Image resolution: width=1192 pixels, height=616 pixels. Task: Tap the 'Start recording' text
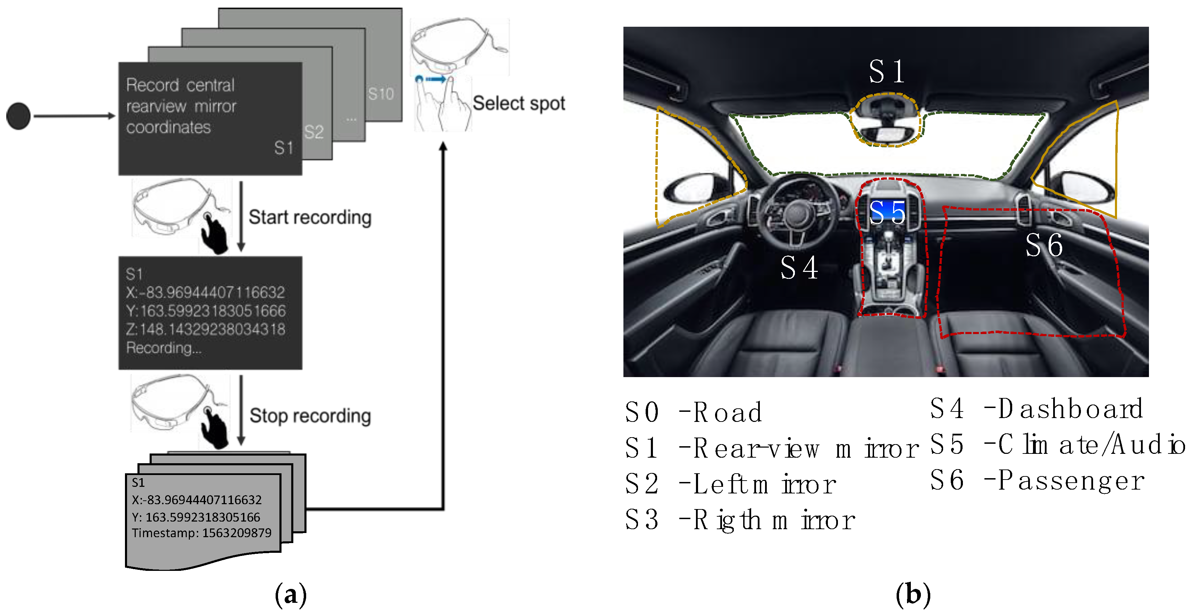[x=310, y=217]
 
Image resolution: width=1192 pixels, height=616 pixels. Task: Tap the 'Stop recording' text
[x=310, y=416]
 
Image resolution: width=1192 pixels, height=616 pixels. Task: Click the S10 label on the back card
[x=380, y=94]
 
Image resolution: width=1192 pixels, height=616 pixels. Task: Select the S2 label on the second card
[x=314, y=132]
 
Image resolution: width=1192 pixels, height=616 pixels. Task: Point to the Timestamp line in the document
[x=201, y=533]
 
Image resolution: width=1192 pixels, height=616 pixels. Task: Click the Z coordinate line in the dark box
[x=205, y=329]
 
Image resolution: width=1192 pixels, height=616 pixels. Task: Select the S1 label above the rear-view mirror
[x=886, y=72]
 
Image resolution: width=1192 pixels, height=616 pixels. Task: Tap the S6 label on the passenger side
[x=1043, y=245]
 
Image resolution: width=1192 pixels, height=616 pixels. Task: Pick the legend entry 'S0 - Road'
[x=693, y=412]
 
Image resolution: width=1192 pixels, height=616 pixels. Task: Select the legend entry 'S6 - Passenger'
[x=1036, y=480]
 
